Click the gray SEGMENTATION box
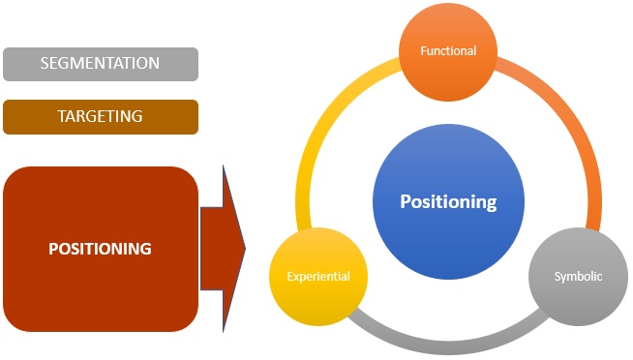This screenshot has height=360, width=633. pyautogui.click(x=101, y=64)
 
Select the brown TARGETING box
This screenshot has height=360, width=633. pyautogui.click(x=101, y=116)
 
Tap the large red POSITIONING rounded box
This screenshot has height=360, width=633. pyautogui.click(x=101, y=248)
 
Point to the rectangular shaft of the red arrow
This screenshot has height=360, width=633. pyautogui.click(x=211, y=248)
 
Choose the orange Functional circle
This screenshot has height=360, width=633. pyautogui.click(x=448, y=51)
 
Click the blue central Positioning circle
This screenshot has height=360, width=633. pyautogui.click(x=448, y=203)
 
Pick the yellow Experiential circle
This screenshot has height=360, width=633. pyautogui.click(x=318, y=278)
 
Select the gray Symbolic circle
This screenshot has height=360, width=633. pyautogui.click(x=579, y=278)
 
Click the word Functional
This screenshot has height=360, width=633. pyautogui.click(x=448, y=50)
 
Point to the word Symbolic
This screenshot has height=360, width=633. pyautogui.click(x=579, y=277)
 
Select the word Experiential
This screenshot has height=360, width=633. pyautogui.click(x=318, y=278)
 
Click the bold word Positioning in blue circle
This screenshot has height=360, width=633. pyautogui.click(x=448, y=202)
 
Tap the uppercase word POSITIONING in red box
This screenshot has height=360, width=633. pyautogui.click(x=101, y=249)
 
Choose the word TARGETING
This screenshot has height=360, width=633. pyautogui.click(x=101, y=116)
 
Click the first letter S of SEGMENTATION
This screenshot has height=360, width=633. pyautogui.click(x=45, y=64)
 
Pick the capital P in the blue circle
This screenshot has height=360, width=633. pyautogui.click(x=407, y=202)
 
